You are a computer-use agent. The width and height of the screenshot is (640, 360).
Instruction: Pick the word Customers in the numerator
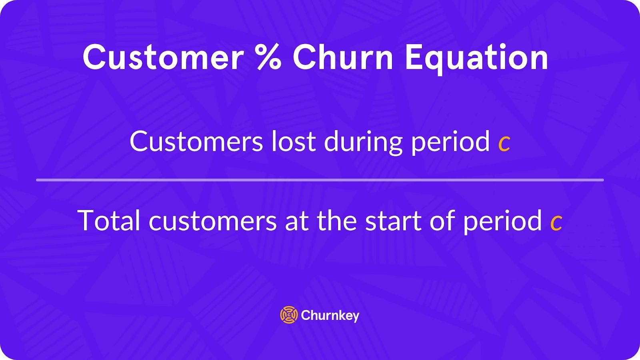tap(196, 142)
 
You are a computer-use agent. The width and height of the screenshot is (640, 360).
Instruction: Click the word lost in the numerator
tap(294, 142)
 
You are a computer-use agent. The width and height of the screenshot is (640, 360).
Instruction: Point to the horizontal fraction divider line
tap(320, 180)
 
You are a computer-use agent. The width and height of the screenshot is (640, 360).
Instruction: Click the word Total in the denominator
tap(109, 220)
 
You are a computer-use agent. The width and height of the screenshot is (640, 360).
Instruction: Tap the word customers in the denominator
tap(212, 221)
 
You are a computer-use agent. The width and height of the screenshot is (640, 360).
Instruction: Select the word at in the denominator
tap(296, 221)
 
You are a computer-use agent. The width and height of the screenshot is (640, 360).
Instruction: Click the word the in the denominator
tap(337, 220)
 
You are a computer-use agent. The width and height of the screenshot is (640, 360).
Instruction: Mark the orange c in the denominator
tap(556, 223)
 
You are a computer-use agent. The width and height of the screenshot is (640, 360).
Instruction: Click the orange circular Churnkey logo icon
tap(289, 315)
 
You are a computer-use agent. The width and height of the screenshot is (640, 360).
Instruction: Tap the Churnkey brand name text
tap(330, 316)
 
